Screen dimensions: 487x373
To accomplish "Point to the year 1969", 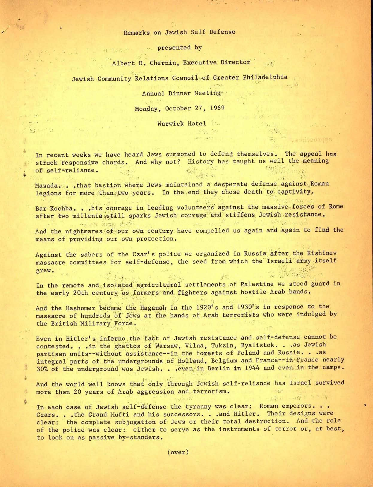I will click(x=217, y=108).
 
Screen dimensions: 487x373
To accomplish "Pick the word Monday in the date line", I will click(x=146, y=109).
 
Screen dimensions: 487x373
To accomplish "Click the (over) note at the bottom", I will click(x=178, y=452).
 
